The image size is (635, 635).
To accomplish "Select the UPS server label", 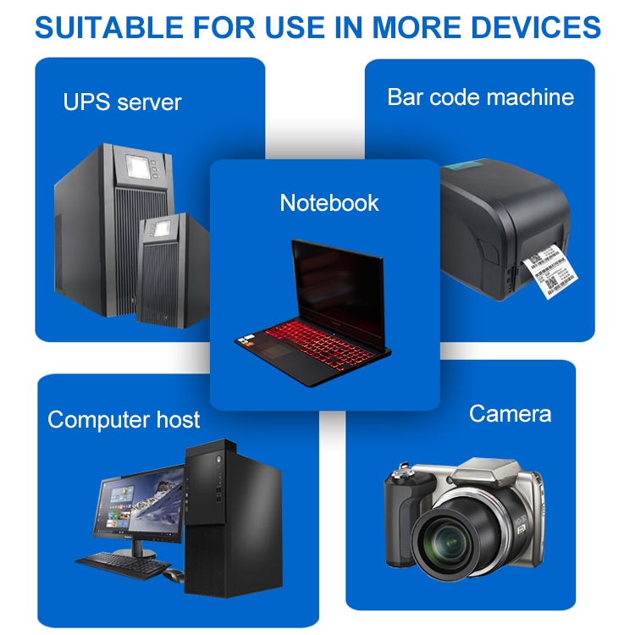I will (x=122, y=102).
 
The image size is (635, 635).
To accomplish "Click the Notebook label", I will (x=329, y=202).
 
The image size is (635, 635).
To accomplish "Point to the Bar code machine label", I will (x=480, y=97).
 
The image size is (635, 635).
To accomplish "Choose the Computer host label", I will (x=124, y=419).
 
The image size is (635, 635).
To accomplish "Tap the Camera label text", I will (x=510, y=413).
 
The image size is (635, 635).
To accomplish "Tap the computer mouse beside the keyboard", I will (x=174, y=577).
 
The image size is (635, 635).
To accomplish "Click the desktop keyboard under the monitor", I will (x=114, y=561).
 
